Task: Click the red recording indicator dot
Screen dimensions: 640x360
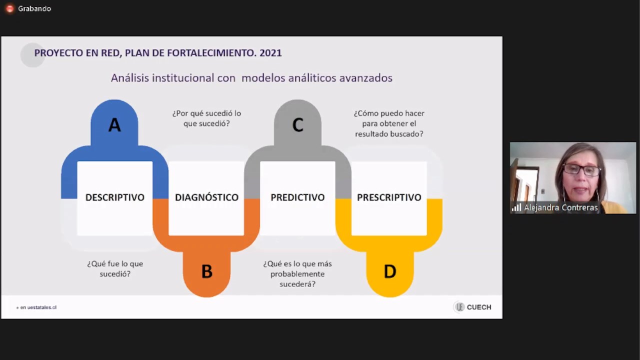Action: coord(9,9)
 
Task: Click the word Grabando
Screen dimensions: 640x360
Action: coord(34,9)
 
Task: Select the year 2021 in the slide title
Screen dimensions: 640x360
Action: coord(270,53)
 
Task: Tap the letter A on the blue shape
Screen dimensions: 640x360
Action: coord(114,125)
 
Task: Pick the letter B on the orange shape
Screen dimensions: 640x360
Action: coord(207,271)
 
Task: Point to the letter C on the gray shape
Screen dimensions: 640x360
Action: coord(297,125)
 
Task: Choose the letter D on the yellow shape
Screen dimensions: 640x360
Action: coord(389,271)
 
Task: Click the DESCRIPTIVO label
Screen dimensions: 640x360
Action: coord(115,197)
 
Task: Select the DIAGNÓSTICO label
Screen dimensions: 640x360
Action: coord(206,197)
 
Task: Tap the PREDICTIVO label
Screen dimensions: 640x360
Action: coord(297,197)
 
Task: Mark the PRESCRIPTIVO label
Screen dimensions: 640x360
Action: coord(389,197)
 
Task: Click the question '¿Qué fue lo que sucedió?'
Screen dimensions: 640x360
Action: coord(115,268)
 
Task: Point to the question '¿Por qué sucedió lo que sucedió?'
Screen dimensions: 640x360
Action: coord(206,118)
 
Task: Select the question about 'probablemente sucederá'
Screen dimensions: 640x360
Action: coord(297,273)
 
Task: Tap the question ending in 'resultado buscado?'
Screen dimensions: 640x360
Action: coord(389,123)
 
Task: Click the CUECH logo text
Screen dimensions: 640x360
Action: coord(479,307)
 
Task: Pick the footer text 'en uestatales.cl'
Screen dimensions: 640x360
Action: coord(38,307)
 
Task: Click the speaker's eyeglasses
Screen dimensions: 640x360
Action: coord(581,169)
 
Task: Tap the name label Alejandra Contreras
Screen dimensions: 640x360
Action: coord(561,207)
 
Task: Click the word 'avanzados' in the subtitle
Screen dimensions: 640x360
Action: coord(365,78)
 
